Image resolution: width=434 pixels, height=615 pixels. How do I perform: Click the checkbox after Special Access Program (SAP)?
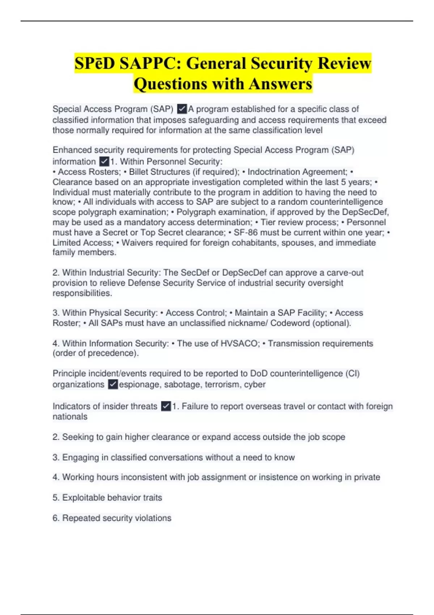182,109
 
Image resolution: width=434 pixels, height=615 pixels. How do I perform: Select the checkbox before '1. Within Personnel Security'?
104,161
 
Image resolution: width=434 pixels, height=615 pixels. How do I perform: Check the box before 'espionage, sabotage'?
113,384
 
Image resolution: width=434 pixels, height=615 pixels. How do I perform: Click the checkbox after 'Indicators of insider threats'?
166,406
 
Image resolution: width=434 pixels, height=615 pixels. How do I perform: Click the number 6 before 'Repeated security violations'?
55,518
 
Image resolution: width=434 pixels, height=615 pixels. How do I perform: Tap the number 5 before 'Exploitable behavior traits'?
55,498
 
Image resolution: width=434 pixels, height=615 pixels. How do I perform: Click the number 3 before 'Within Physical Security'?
55,313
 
